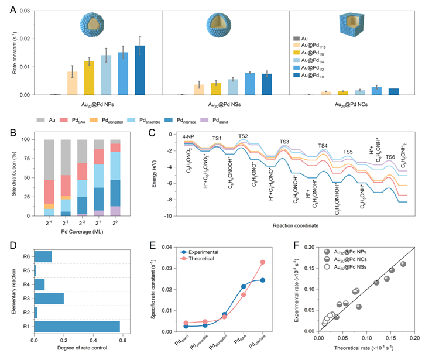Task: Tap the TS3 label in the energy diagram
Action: coord(284,142)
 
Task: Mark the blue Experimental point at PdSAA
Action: coord(244,286)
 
